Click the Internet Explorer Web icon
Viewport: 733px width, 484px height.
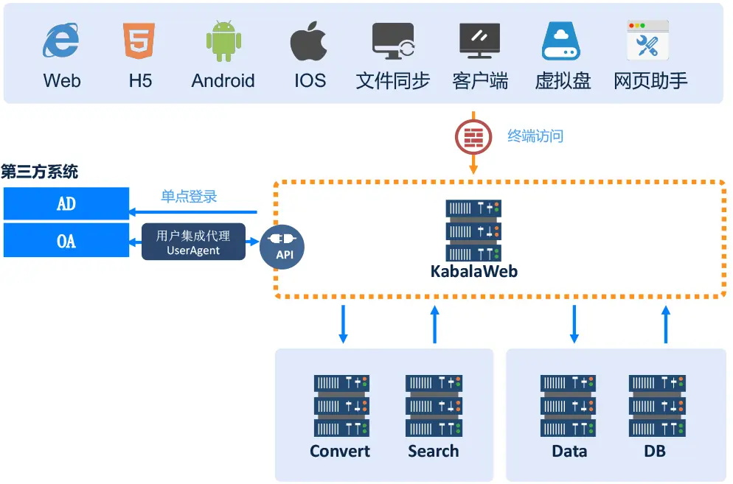pos(61,41)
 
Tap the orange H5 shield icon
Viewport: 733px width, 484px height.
pos(139,41)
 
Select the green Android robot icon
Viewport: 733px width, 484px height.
pos(223,41)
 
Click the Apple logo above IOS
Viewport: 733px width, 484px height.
pos(309,41)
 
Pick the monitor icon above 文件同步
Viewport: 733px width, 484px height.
pos(393,41)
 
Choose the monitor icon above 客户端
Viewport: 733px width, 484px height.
pos(480,41)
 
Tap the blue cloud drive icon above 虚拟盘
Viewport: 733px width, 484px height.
pos(563,41)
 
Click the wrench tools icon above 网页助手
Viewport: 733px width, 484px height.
pos(647,41)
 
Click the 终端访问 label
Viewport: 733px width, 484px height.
pos(535,136)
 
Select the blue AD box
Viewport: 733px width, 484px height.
pos(66,203)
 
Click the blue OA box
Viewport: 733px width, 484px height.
pos(66,241)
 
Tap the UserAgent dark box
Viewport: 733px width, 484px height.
pos(193,242)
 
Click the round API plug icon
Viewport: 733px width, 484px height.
pos(283,245)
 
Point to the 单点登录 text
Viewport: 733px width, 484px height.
pos(190,197)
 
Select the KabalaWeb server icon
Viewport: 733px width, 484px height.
pos(473,230)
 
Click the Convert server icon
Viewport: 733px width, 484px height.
pos(341,405)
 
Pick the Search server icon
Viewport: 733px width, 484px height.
pos(433,405)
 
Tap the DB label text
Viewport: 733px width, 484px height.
pos(655,451)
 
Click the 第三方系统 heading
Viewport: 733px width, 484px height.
pos(39,172)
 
